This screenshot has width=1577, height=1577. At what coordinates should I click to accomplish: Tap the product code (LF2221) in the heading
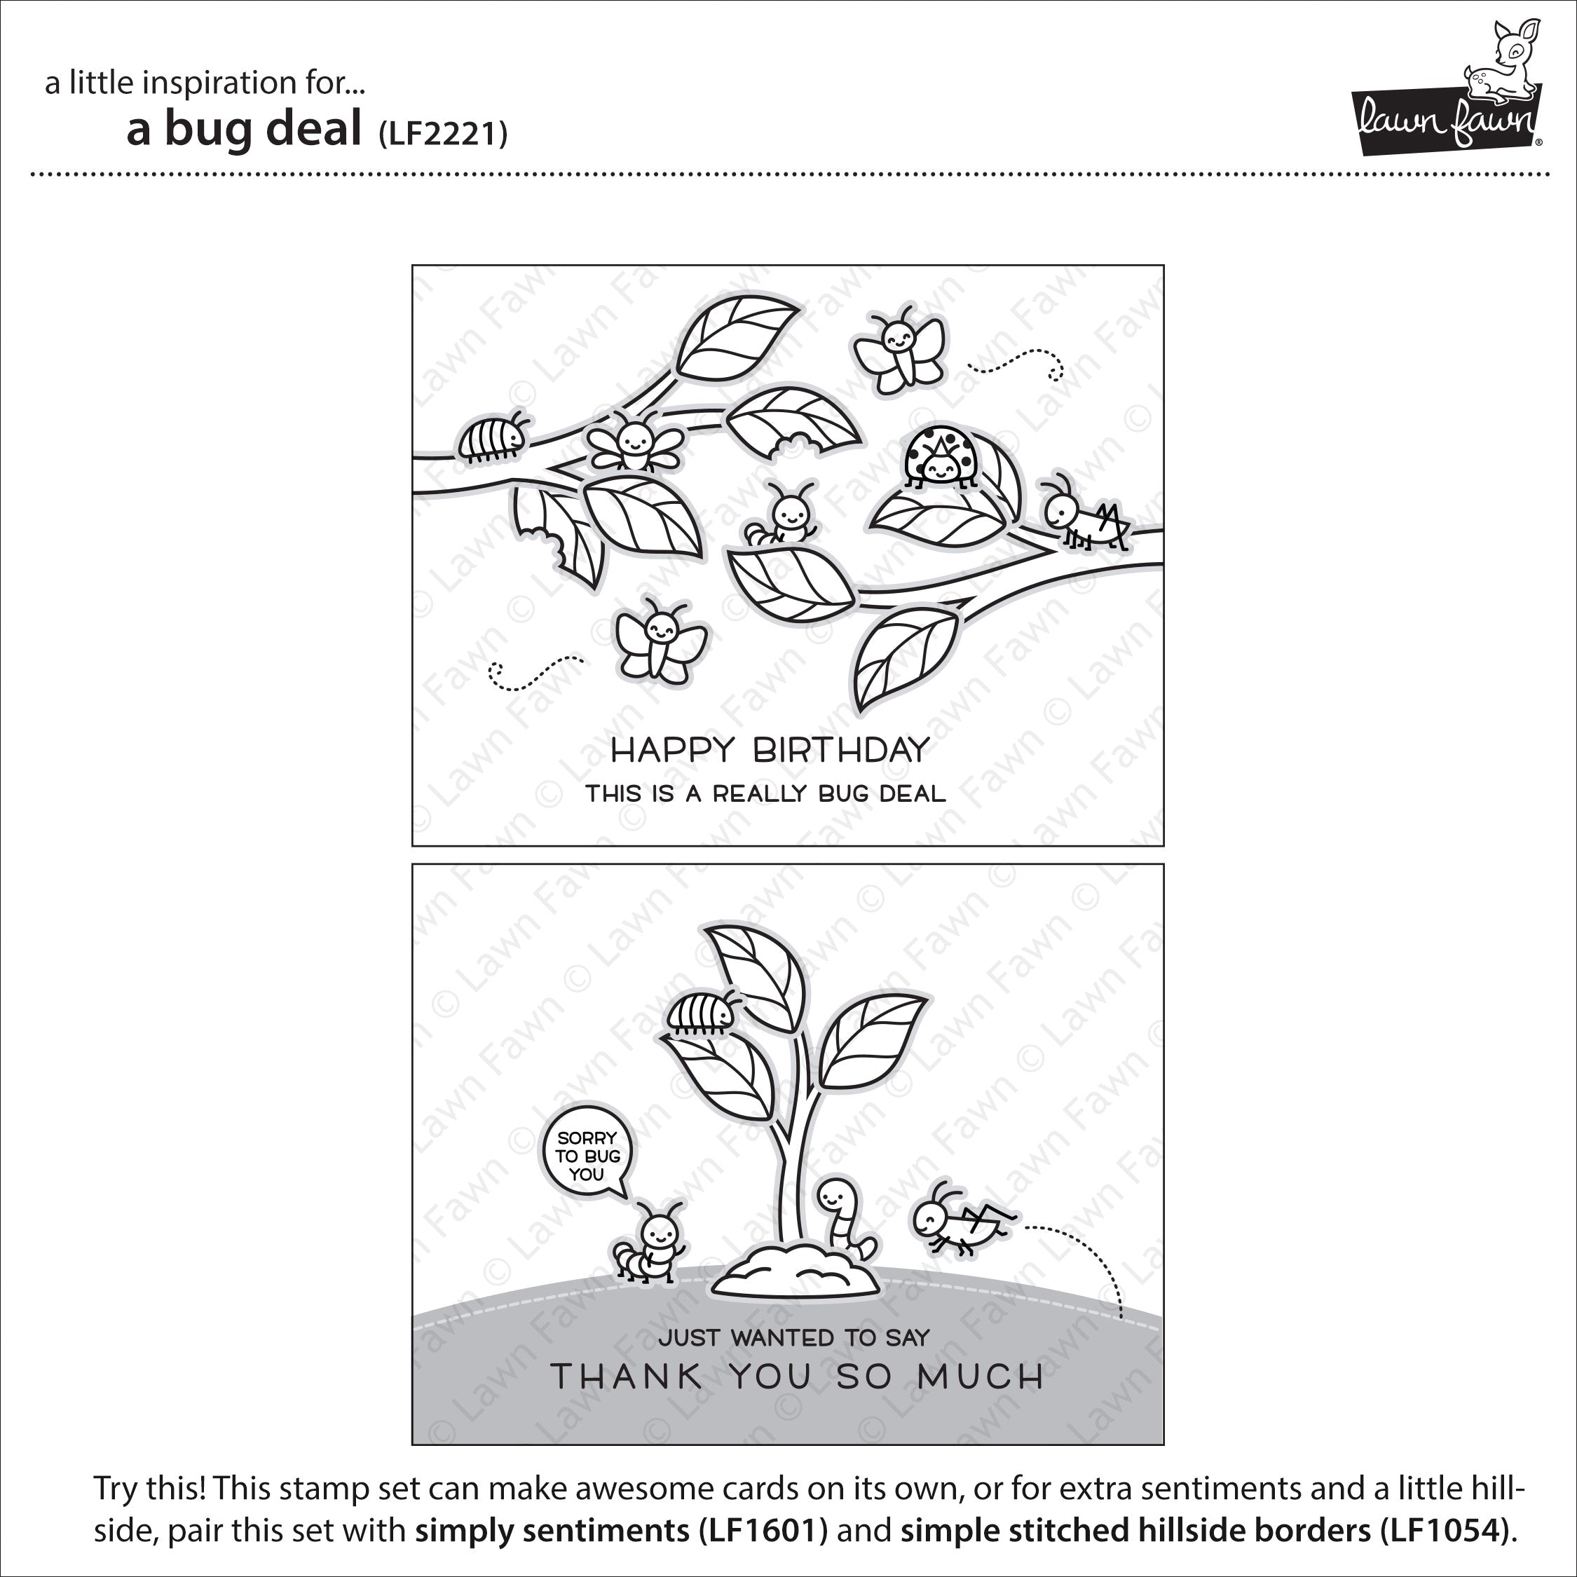pos(442,133)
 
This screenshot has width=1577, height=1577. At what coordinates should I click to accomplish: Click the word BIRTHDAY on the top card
pos(841,749)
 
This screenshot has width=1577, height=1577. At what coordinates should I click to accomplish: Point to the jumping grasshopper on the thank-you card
pos(963,1219)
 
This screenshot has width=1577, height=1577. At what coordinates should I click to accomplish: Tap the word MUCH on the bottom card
pos(981,1377)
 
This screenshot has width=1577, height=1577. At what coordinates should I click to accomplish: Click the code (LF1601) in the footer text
pos(763,1531)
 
